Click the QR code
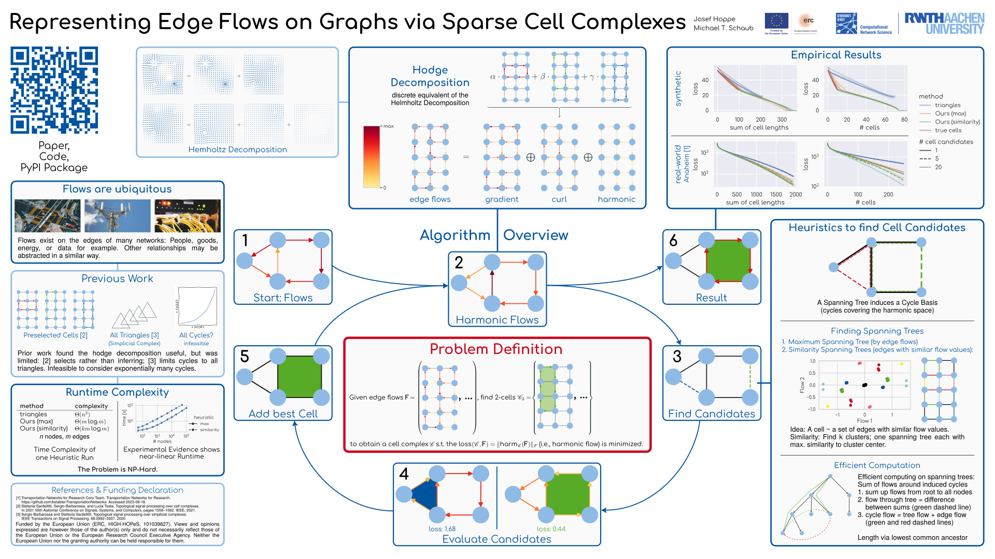tap(54, 91)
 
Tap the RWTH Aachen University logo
tap(944, 24)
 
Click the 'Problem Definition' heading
tap(496, 349)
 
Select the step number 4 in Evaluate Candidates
tap(404, 474)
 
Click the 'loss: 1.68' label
tap(442, 529)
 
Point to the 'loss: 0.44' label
tap(551, 529)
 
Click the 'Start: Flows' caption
tap(283, 298)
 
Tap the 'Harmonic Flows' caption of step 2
tap(497, 320)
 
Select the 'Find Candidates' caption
tap(712, 414)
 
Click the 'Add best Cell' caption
tap(283, 414)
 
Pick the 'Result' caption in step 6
tap(712, 298)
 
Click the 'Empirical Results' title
tap(835, 55)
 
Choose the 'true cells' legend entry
tap(948, 130)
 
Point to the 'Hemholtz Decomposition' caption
tap(237, 150)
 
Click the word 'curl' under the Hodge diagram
tap(559, 199)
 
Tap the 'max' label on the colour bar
tap(389, 126)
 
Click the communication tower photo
tap(117, 216)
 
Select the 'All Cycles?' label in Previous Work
tap(196, 335)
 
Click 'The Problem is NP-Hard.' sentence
tap(117, 469)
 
